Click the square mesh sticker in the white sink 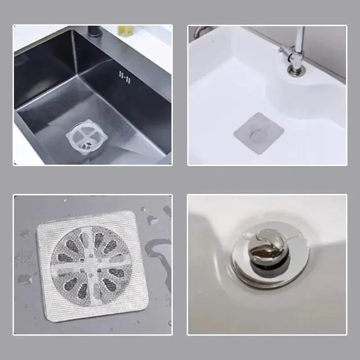258,133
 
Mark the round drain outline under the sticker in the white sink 258,135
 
